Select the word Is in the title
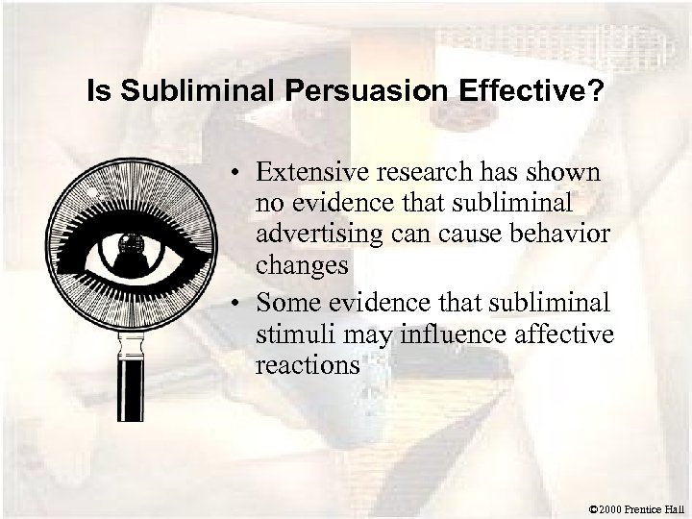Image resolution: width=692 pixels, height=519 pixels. (97, 93)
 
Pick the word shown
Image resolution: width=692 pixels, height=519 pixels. (565, 173)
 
